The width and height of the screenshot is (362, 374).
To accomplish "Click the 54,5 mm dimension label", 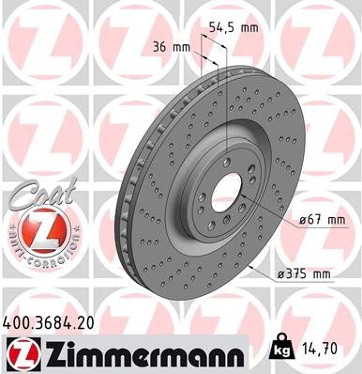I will point(234,27).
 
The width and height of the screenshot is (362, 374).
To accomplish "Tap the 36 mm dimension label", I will point(166,45).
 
